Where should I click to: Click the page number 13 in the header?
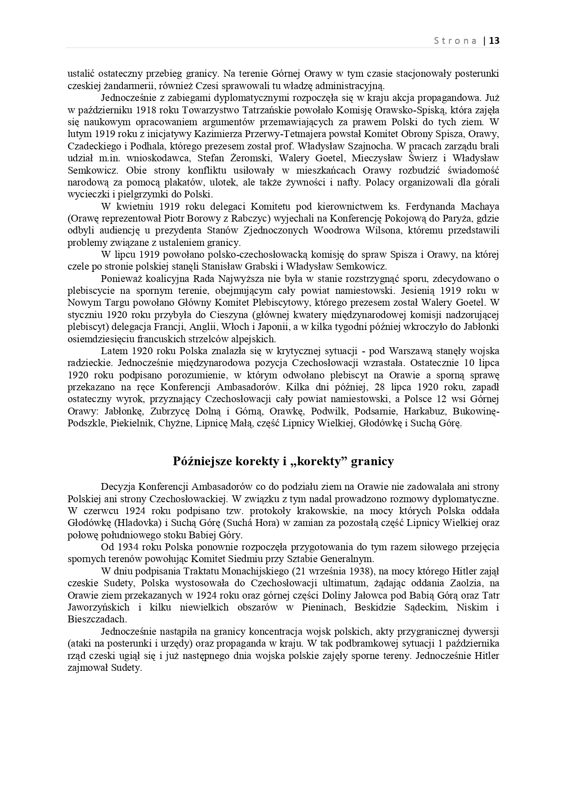click(x=494, y=41)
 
